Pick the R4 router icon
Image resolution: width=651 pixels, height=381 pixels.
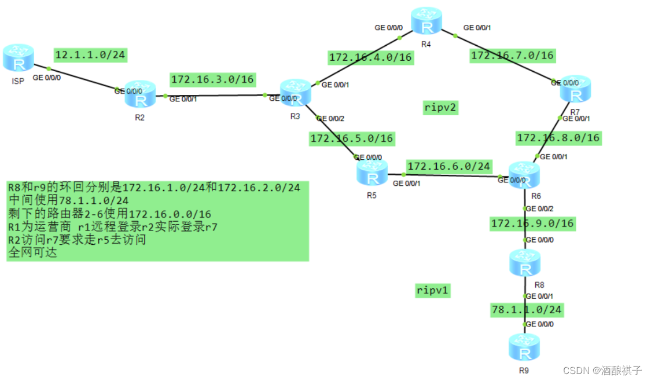[426, 23]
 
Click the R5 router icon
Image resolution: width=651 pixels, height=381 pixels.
[371, 172]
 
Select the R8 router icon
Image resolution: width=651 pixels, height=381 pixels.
[525, 263]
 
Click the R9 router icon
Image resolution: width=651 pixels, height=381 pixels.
[524, 347]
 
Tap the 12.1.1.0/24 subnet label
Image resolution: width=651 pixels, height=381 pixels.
[90, 55]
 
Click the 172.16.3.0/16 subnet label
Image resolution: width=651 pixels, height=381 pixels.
[212, 79]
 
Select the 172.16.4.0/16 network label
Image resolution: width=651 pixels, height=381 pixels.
[370, 57]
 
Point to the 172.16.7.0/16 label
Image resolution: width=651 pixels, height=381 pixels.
[512, 56]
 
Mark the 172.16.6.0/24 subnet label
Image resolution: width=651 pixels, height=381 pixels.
[449, 166]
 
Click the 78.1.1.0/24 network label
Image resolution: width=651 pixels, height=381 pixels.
[526, 310]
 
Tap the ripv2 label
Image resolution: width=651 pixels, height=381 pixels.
[440, 108]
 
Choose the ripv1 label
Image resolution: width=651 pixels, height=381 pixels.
[433, 290]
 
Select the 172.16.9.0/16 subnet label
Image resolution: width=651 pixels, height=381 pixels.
[532, 223]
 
